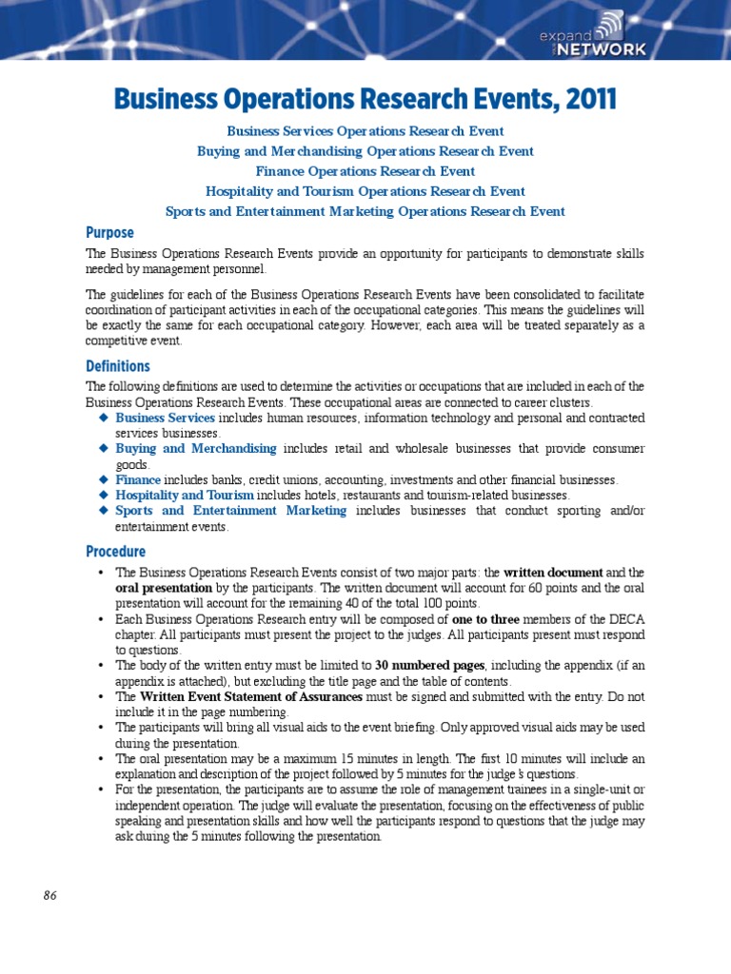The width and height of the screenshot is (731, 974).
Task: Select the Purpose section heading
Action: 109,233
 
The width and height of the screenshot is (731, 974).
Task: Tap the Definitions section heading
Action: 118,366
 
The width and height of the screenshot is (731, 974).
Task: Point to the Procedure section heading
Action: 115,552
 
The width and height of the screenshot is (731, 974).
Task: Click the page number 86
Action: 50,895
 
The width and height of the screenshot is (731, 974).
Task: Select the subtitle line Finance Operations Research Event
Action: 365,171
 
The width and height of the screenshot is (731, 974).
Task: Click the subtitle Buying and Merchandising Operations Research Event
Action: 365,151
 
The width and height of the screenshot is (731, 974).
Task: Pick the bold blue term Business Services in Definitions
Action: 165,418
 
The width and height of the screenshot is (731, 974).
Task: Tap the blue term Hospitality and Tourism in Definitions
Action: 185,496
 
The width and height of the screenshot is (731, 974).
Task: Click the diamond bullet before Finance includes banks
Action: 103,480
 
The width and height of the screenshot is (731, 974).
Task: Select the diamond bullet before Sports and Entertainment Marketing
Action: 103,511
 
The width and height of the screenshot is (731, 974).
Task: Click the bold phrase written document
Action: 553,573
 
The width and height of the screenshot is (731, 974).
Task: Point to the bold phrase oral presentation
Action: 157,588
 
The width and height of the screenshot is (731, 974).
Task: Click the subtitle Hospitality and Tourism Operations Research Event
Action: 365,191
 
